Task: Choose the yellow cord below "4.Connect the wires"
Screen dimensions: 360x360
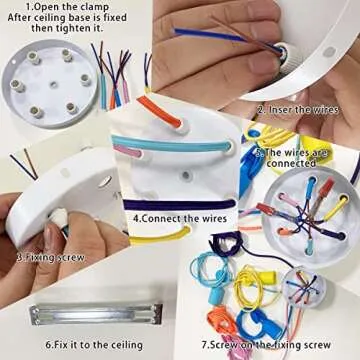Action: tap(175, 233)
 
